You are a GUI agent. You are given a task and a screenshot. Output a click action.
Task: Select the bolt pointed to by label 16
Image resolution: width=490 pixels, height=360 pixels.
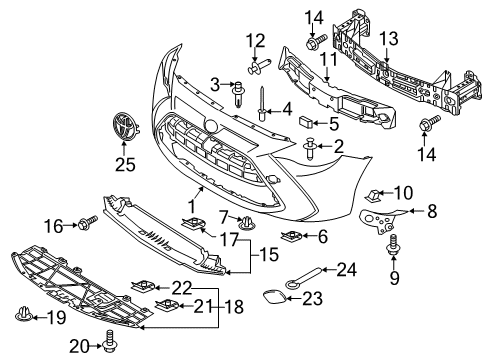[x=88, y=223]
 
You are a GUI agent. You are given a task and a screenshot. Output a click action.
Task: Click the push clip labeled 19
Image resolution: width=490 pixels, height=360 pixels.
[x=24, y=314]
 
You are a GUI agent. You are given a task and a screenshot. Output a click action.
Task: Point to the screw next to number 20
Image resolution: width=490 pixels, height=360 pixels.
[x=110, y=341]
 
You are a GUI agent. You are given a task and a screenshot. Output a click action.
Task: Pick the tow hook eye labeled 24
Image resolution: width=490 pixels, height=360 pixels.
[x=303, y=276]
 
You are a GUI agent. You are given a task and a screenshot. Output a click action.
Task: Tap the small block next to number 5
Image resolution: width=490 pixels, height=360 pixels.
[x=306, y=122]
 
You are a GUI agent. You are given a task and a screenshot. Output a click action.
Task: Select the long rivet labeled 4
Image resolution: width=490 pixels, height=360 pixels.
[x=262, y=104]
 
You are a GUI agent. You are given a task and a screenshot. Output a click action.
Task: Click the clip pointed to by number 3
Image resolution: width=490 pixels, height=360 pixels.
[x=238, y=94]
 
